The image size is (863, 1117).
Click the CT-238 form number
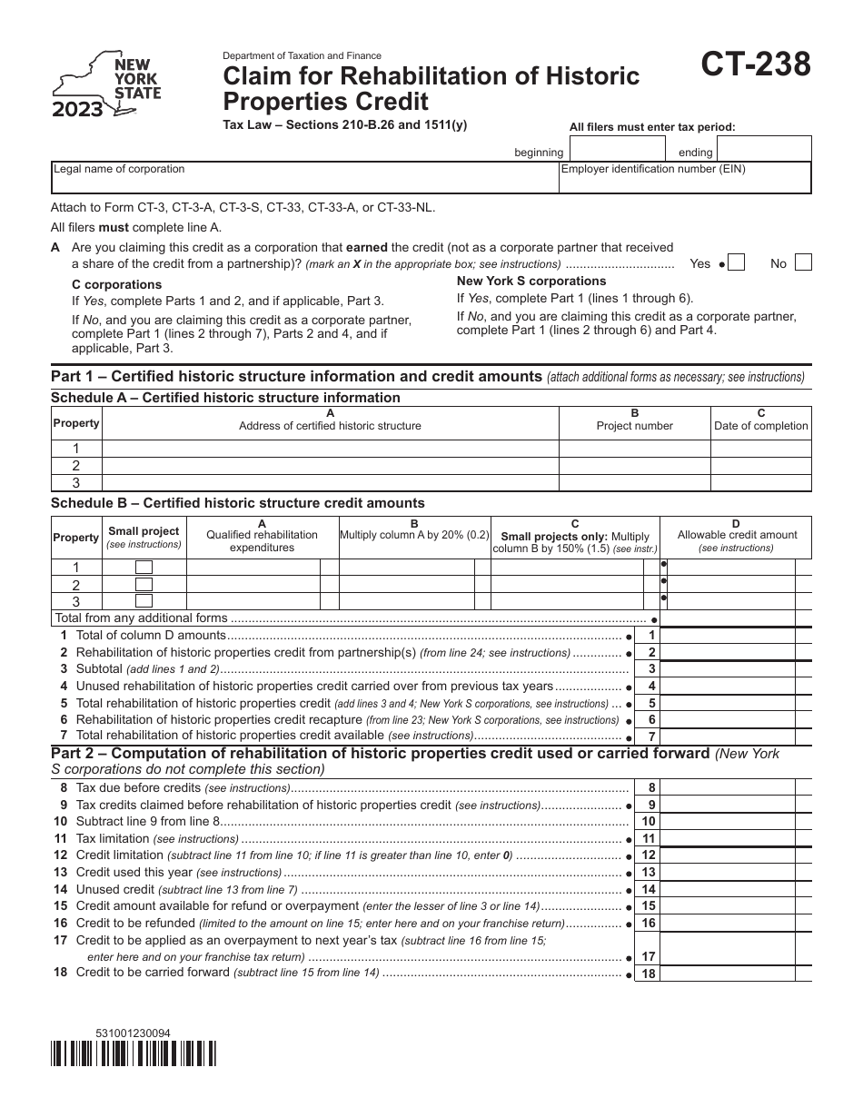(x=754, y=67)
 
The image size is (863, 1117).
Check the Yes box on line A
(x=737, y=263)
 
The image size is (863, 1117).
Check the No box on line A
(x=802, y=263)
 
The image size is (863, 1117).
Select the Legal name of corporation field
(x=304, y=178)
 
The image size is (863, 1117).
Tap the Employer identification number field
(x=685, y=178)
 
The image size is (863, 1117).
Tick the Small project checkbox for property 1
(x=144, y=568)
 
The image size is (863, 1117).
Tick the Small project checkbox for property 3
(x=144, y=601)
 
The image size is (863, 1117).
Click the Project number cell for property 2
(x=634, y=465)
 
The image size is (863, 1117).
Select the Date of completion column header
(x=760, y=420)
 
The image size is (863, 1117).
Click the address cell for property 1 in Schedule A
(x=330, y=449)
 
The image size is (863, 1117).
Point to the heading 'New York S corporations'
(x=531, y=282)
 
